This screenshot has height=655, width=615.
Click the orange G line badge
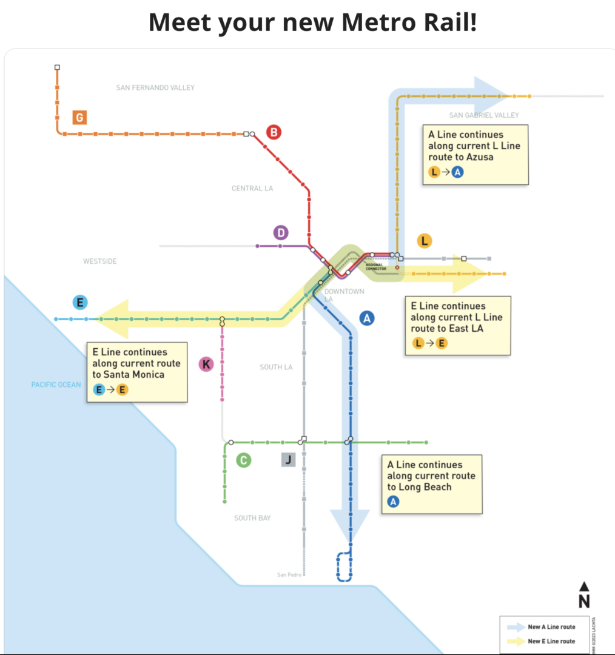(x=79, y=117)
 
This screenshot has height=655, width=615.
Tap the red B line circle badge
(x=274, y=132)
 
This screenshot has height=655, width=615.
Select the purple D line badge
(x=280, y=232)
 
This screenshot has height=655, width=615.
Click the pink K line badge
(x=206, y=364)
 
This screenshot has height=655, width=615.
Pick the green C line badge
(x=243, y=460)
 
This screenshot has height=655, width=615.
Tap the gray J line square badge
(x=289, y=459)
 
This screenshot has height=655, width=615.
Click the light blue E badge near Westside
(x=79, y=302)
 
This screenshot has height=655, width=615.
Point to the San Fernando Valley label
(x=155, y=88)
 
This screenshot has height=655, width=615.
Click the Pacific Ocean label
(x=56, y=385)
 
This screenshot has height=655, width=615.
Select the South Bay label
(x=252, y=518)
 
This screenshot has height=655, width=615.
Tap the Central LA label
(x=252, y=189)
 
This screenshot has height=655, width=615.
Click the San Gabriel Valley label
(x=484, y=115)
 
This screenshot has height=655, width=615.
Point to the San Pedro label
(x=289, y=575)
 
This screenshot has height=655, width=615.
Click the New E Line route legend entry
(x=551, y=641)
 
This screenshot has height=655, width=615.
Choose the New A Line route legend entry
(x=551, y=626)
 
